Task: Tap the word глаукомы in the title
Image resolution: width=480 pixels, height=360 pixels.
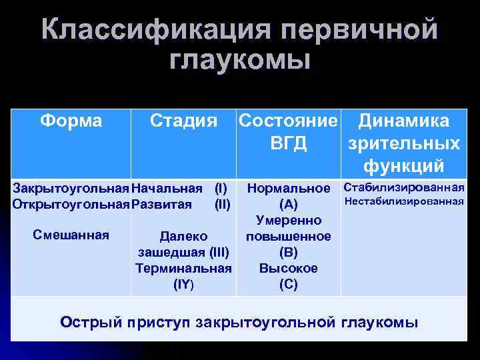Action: click(240, 61)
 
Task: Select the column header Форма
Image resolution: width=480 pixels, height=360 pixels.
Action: click(71, 121)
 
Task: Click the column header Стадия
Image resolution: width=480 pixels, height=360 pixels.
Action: click(184, 121)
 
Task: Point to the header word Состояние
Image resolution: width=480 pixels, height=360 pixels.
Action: click(289, 121)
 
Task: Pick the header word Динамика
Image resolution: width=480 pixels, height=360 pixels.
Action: click(404, 121)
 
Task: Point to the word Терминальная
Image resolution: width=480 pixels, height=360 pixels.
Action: click(183, 268)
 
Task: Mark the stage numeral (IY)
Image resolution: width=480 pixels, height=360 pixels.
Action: click(183, 284)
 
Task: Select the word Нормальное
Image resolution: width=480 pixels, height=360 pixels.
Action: click(289, 189)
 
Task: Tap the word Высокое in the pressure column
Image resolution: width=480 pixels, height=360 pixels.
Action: click(289, 268)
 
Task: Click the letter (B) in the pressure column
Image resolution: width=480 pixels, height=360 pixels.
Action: click(289, 253)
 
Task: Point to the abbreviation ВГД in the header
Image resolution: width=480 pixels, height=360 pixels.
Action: click(289, 143)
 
